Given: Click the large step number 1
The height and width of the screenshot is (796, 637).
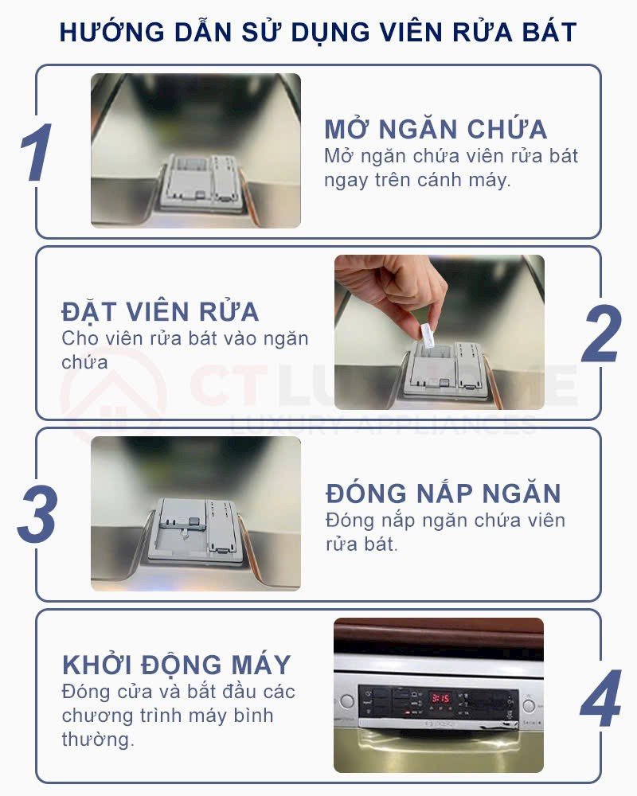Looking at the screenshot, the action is [37, 152].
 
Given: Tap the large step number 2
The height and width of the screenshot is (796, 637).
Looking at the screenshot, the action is [601, 334].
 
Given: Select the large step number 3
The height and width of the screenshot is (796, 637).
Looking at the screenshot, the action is [37, 513].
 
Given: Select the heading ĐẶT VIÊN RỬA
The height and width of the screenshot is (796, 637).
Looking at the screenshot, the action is [160, 311].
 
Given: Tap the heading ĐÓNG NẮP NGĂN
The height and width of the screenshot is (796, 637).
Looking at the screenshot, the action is [443, 493].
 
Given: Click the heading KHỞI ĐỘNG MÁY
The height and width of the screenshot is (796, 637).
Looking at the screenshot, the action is [176, 665].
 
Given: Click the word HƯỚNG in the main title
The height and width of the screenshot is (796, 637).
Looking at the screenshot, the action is [112, 32].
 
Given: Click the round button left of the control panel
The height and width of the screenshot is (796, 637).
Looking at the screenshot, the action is [347, 701].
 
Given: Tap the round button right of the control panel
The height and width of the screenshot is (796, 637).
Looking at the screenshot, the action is [528, 705].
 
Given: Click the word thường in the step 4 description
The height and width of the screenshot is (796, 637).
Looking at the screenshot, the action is [98, 739].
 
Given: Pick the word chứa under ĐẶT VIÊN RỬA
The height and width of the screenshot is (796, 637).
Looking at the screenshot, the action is [84, 362].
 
